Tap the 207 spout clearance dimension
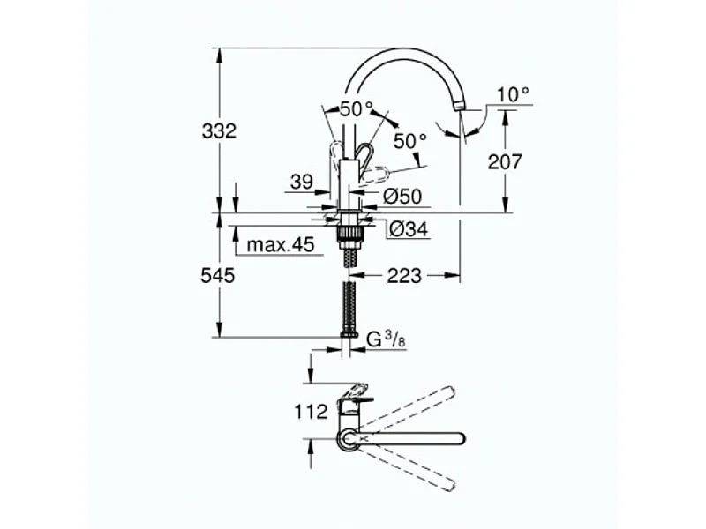pos(505,161)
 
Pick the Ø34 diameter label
pos(408,229)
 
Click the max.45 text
pos(281,245)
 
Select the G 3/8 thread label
pos(387,339)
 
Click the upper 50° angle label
pos(357,110)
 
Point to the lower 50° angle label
pos(410,140)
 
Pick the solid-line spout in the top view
pos(415,438)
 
